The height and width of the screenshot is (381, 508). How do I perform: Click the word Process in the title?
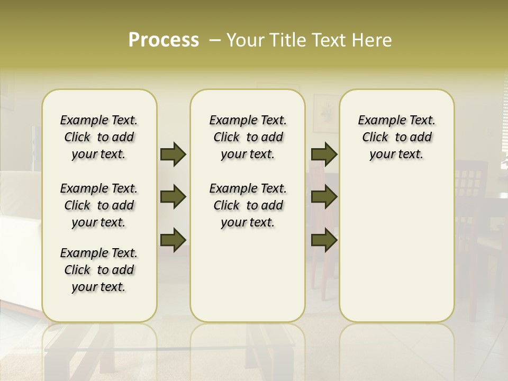(164, 40)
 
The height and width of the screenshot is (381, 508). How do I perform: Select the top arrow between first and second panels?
(173, 155)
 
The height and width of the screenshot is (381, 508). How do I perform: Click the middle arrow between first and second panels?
(173, 197)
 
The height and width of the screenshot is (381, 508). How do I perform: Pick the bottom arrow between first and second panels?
(173, 240)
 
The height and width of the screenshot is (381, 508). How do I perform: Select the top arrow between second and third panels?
(324, 155)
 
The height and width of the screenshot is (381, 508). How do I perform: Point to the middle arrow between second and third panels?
(324, 197)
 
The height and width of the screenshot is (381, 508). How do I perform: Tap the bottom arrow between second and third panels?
(324, 240)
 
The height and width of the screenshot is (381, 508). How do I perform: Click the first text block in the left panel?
(99, 137)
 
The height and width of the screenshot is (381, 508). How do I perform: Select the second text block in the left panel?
(99, 205)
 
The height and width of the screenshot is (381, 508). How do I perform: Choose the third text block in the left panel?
(99, 270)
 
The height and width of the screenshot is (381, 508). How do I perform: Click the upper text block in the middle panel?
(248, 137)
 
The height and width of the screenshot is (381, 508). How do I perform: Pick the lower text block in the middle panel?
(248, 205)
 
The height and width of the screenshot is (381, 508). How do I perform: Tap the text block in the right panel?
(396, 137)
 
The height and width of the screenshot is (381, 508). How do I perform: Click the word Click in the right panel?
(375, 138)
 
